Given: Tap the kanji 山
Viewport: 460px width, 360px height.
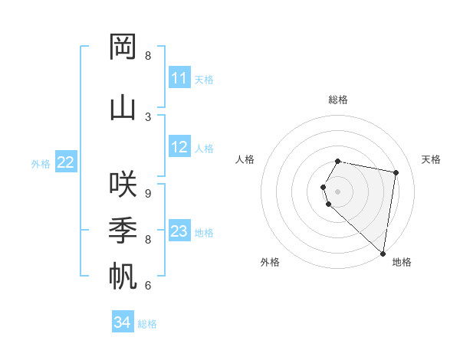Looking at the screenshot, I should (123, 107).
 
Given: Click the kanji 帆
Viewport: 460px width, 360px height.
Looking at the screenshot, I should (123, 277).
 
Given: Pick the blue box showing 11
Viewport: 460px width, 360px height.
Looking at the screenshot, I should (179, 78).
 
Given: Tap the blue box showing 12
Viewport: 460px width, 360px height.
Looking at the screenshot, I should (179, 147).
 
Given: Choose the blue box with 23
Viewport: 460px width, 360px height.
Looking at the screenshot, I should (179, 231).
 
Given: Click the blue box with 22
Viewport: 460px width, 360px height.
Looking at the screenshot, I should (66, 162).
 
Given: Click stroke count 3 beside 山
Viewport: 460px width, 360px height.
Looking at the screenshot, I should (148, 116).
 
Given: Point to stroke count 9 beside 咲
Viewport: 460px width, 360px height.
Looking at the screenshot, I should (148, 193).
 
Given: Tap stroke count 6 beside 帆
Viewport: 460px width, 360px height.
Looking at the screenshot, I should (148, 286).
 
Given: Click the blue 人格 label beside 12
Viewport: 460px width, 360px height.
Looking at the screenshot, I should (204, 148).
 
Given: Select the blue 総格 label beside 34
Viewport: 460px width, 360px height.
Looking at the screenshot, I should (147, 324).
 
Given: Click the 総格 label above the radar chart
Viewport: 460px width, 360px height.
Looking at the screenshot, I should (338, 100).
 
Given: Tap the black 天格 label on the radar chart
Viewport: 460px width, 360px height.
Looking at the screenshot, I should (431, 159).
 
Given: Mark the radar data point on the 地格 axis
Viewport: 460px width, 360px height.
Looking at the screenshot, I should (383, 254).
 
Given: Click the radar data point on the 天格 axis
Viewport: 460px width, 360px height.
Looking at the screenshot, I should (396, 172).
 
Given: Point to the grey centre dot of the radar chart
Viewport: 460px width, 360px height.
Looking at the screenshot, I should (338, 191).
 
